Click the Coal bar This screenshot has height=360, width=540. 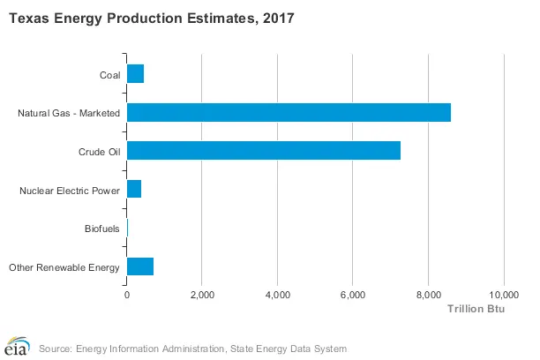[x=135, y=73]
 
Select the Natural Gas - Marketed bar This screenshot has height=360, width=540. [x=289, y=112]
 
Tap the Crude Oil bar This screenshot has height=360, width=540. [x=264, y=150]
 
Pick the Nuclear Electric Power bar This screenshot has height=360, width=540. [x=134, y=189]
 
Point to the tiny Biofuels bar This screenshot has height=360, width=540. [x=128, y=228]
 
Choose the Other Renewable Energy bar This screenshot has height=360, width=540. [x=140, y=266]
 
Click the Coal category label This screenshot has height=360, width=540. [x=109, y=74]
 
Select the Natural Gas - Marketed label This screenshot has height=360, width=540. [x=69, y=113]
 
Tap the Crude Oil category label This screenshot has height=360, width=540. [x=99, y=151]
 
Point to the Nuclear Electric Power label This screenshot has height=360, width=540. [x=70, y=190]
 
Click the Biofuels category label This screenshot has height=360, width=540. [x=101, y=229]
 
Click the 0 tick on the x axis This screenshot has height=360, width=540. [x=127, y=294]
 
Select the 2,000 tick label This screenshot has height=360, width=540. [x=202, y=294]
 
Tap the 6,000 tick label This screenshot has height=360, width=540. [x=353, y=294]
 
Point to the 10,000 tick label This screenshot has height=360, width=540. [x=504, y=294]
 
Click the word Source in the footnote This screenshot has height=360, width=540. [x=55, y=348]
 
